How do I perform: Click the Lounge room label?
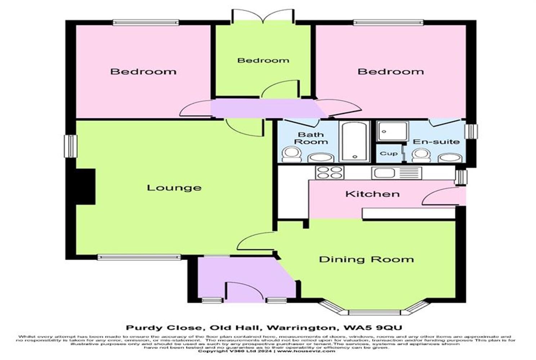click(x=174, y=188)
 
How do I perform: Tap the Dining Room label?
click(x=366, y=260)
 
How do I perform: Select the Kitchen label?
click(x=372, y=194)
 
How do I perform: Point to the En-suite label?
click(x=436, y=141)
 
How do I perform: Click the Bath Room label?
click(x=311, y=138)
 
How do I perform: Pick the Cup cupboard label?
click(x=389, y=154)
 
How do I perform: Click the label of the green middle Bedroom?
click(x=263, y=60)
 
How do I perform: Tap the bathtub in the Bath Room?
click(x=355, y=142)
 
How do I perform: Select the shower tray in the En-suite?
click(x=392, y=131)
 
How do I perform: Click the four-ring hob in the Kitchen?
click(x=329, y=172)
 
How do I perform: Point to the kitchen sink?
click(x=384, y=173)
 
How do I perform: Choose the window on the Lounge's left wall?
click(x=71, y=146)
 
